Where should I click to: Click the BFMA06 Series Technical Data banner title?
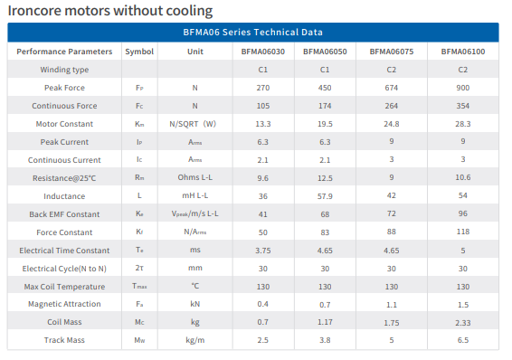252,32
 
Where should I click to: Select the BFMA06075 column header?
391,52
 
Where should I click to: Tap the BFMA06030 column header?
263,52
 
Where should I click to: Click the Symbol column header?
139,52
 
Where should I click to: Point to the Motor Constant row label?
64,124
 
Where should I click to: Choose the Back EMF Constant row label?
64,214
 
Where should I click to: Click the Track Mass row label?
64,340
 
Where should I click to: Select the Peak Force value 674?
391,88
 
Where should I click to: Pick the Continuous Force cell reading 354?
462,106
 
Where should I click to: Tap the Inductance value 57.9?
325,196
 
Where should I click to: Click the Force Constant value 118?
462,232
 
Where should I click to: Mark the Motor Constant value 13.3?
263,124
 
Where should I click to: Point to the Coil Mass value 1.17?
325,322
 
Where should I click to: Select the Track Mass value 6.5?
462,340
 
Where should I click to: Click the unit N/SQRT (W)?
193,124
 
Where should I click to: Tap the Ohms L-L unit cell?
194,177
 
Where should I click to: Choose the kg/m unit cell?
194,340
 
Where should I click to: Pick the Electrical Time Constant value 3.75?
263,251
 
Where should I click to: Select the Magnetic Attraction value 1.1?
391,305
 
